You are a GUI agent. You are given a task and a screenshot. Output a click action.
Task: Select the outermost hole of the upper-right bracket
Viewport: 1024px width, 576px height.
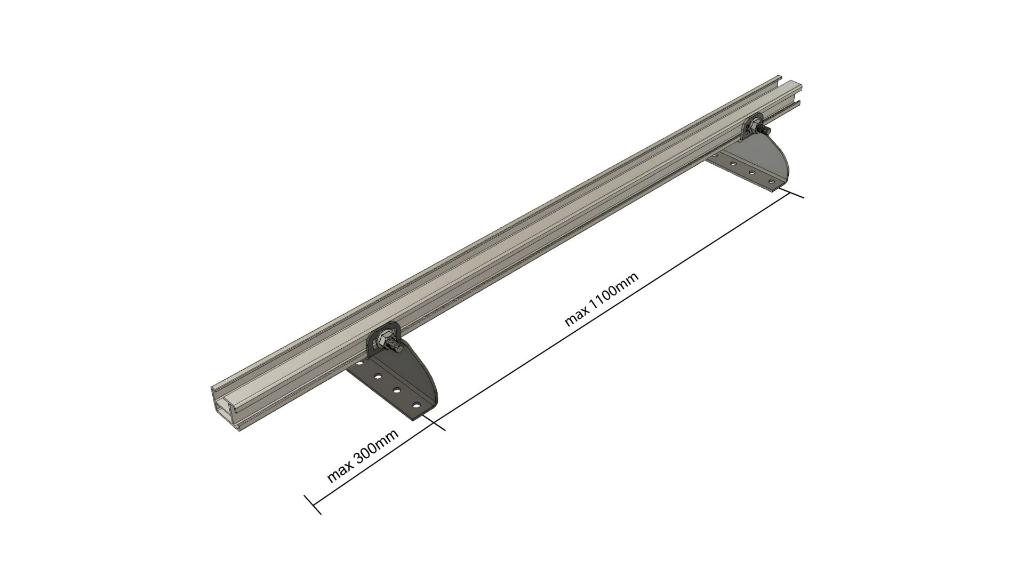point(770,182)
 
